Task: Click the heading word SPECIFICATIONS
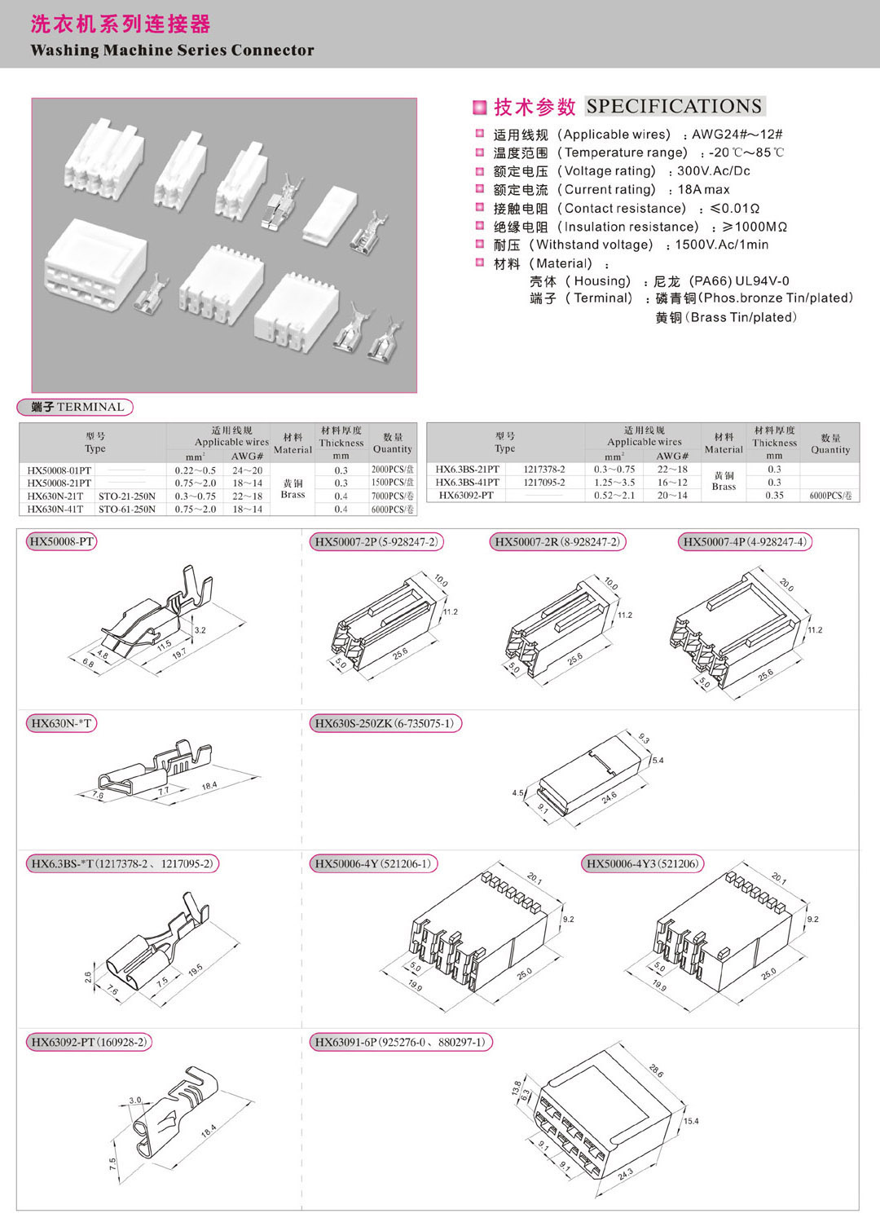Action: click(674, 106)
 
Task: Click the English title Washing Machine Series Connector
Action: click(172, 51)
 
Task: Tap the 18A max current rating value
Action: click(704, 189)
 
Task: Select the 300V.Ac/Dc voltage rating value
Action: click(714, 171)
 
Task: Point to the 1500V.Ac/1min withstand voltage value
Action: click(722, 245)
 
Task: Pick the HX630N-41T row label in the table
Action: click(55, 510)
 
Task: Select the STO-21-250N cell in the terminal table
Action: click(127, 496)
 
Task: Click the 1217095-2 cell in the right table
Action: click(544, 483)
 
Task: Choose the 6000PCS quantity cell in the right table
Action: click(830, 496)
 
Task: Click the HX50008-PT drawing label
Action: click(62, 542)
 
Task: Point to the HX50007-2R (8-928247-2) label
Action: click(557, 542)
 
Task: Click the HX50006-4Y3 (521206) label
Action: click(643, 864)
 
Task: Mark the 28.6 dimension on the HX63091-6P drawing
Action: click(656, 1070)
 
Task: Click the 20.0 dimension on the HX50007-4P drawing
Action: click(786, 585)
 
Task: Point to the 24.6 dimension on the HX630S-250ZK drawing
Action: click(609, 797)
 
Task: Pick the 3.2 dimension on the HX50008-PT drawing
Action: click(200, 630)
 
